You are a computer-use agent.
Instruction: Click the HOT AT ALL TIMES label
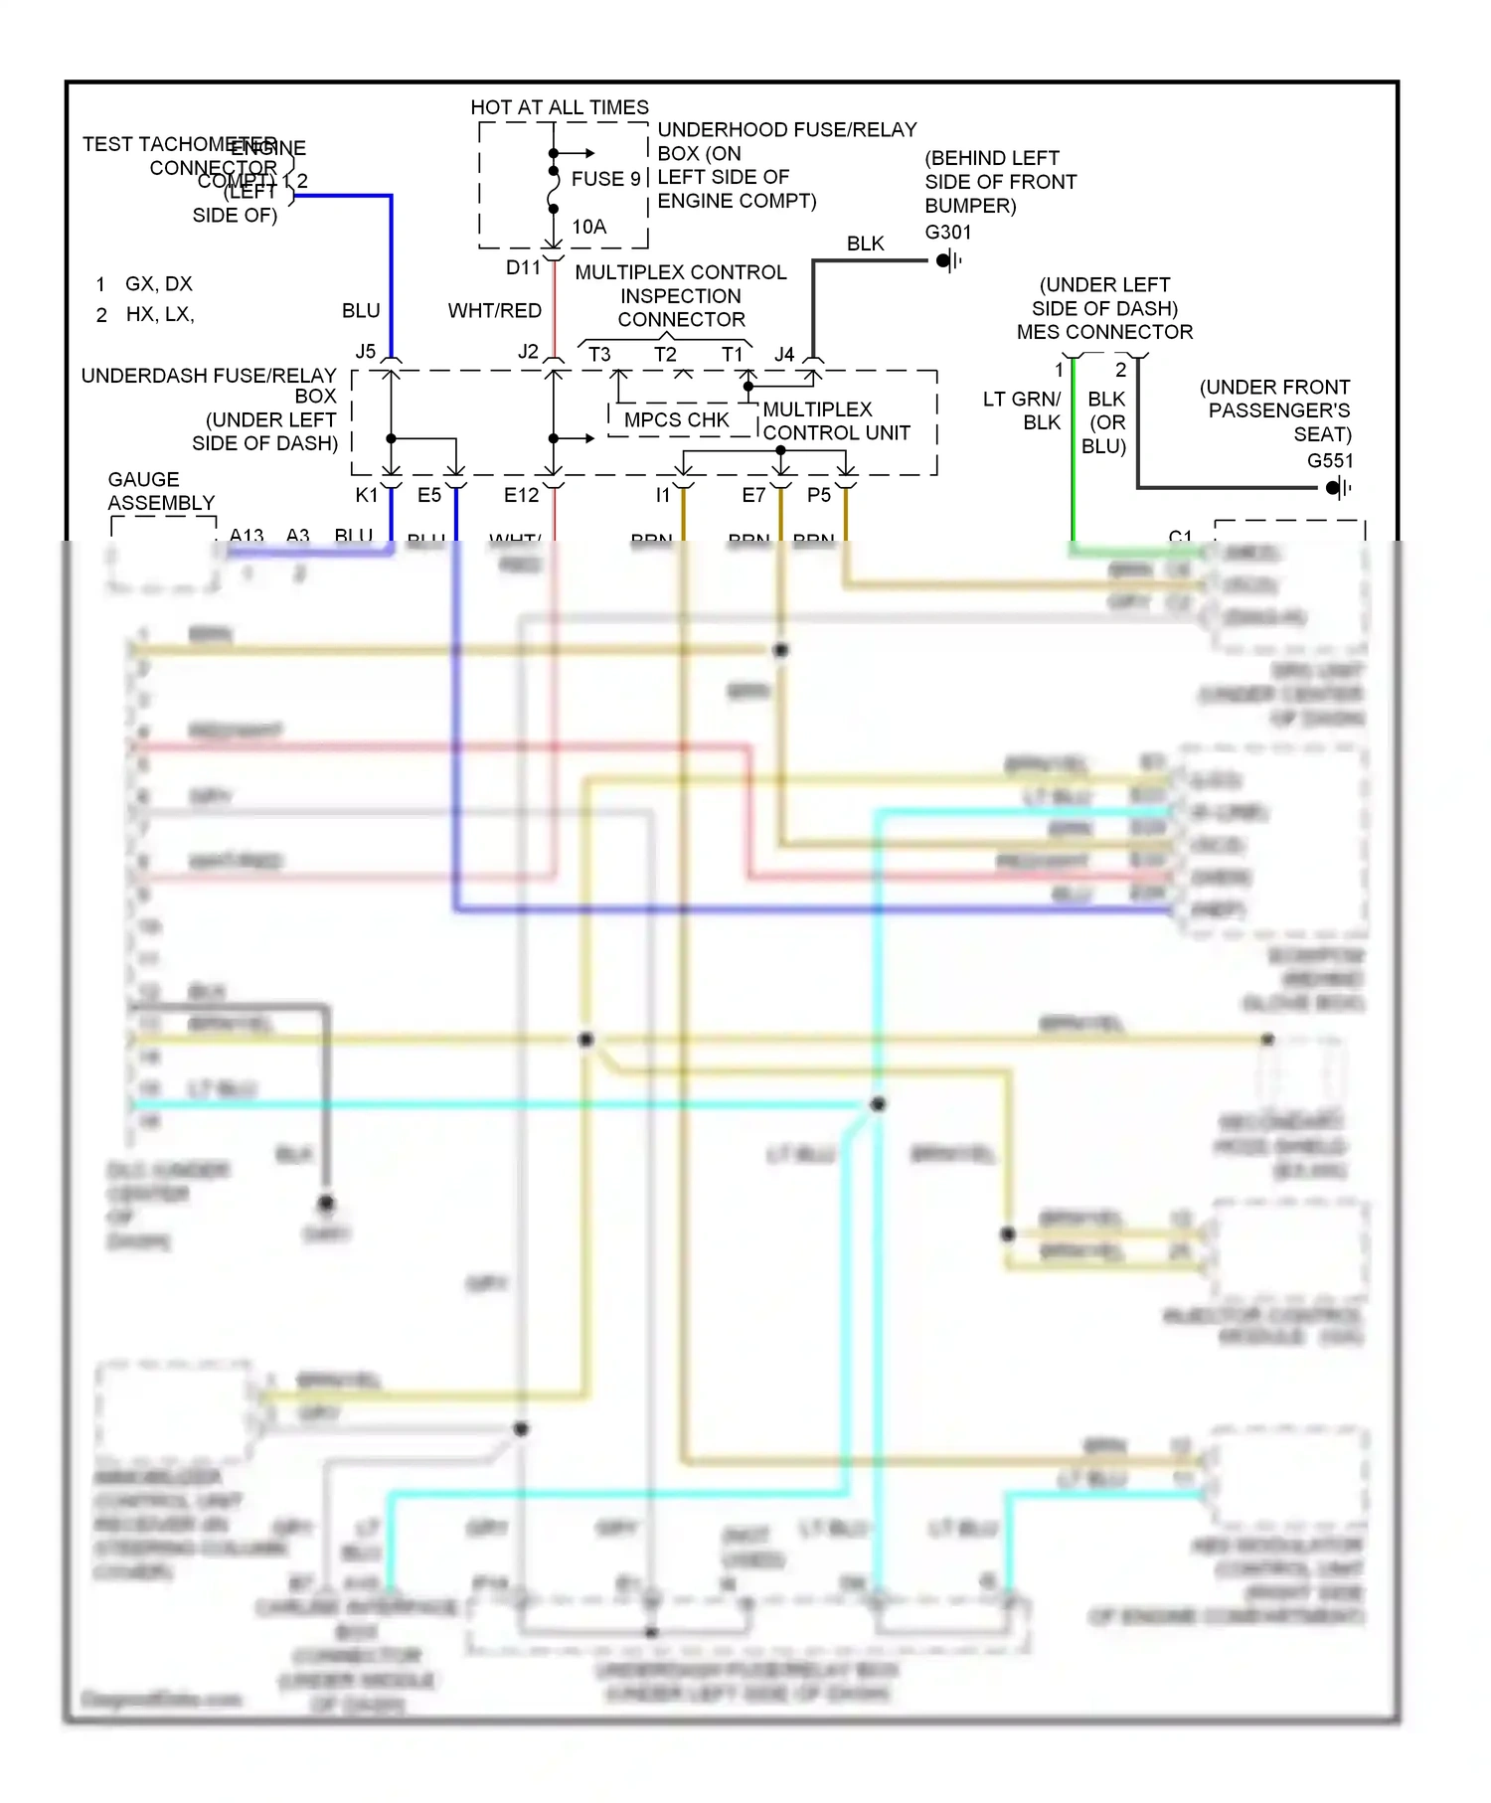[559, 107]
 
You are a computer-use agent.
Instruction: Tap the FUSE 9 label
[605, 179]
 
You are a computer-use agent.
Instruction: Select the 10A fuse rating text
[588, 227]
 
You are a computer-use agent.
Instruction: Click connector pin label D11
[523, 267]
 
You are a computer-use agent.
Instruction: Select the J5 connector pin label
[366, 352]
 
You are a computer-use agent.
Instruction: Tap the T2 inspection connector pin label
[665, 354]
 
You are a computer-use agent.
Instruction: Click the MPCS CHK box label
[676, 420]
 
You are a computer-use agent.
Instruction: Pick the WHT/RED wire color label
[494, 311]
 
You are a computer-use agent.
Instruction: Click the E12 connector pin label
[521, 495]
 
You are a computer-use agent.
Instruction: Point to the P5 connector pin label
[818, 495]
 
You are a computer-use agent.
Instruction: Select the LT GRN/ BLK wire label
[1022, 410]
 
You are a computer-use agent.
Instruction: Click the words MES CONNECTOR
[1104, 332]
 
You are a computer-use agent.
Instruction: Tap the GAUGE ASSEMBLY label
[159, 491]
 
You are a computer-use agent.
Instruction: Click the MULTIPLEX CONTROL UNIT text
[835, 421]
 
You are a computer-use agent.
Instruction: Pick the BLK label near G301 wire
[865, 244]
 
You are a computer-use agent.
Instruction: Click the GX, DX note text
[158, 284]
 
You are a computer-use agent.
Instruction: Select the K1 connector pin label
[366, 495]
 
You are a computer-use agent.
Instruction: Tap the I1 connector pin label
[662, 495]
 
